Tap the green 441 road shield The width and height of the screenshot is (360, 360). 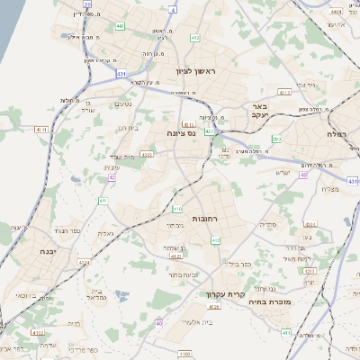(121, 26)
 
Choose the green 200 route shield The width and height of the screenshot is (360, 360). (277, 139)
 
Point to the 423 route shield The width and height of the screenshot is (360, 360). (209, 131)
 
